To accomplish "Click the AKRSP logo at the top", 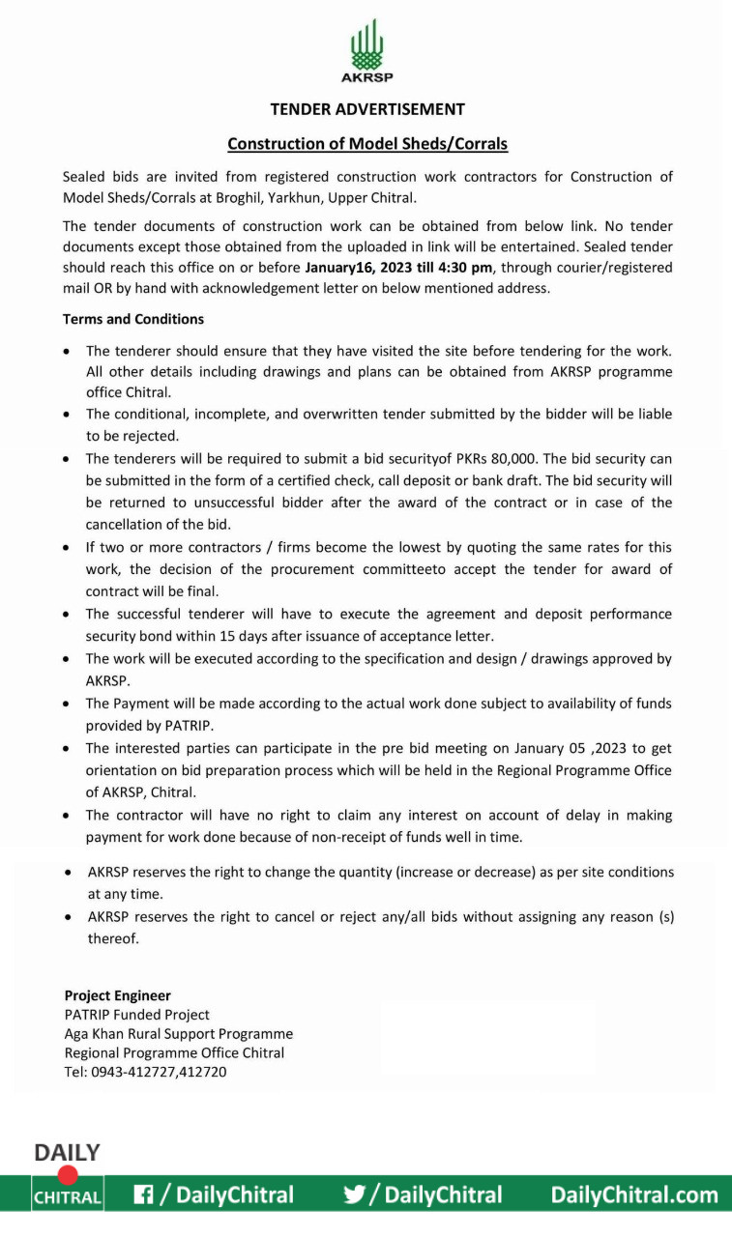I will [366, 52].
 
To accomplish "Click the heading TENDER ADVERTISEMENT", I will [367, 109].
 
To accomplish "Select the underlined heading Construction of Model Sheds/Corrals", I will [367, 144].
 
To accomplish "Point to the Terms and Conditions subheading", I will [133, 319].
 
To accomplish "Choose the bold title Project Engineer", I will [117, 995].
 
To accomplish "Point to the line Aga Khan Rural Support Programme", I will [178, 1034].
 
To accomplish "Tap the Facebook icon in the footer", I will [144, 1195].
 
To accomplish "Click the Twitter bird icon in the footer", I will [354, 1195].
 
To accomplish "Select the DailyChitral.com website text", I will [634, 1195].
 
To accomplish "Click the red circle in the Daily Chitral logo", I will [68, 1174].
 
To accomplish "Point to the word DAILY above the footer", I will [67, 1153].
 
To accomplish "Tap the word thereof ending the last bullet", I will [113, 938].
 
